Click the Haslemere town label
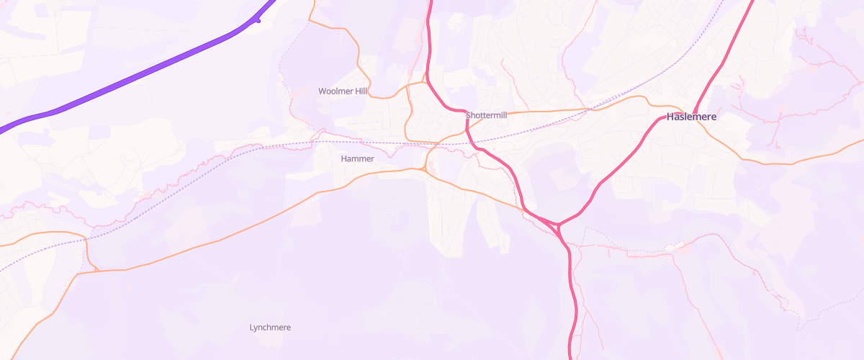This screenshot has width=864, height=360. coord(691,116)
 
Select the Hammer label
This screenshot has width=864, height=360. coord(357,158)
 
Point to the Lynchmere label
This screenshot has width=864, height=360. coord(270,328)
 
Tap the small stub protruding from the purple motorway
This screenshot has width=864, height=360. coord(257,20)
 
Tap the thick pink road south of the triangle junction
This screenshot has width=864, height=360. coord(574,288)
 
